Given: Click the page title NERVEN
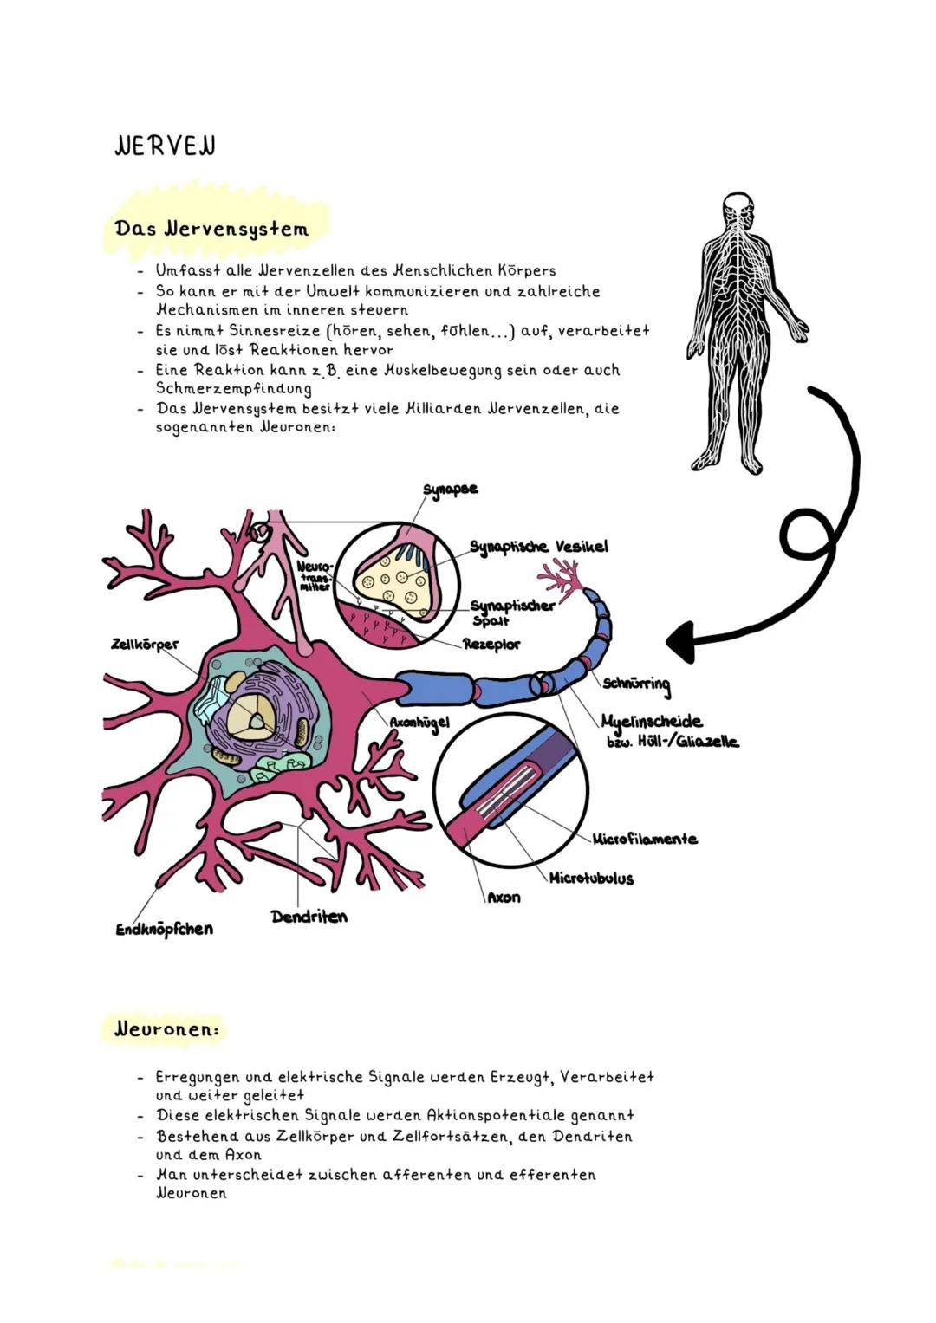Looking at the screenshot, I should (165, 146).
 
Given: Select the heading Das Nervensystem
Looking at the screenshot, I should (211, 229).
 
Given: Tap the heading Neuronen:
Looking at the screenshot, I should (166, 1029).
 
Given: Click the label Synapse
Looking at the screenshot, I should (450, 490).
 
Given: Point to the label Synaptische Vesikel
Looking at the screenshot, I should (538, 547).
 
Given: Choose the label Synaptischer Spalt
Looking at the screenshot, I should (511, 612).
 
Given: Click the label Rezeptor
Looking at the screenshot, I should (491, 645).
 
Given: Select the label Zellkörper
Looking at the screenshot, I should (145, 645).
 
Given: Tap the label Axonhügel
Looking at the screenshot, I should (419, 721).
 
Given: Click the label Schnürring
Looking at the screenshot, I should (637, 685).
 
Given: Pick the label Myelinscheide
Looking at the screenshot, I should (652, 721).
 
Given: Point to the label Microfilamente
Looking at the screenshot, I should (645, 839).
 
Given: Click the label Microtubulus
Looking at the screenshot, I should (591, 878).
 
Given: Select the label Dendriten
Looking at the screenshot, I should (309, 916).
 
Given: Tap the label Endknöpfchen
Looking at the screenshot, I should (165, 929).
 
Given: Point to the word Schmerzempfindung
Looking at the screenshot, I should (233, 389).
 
